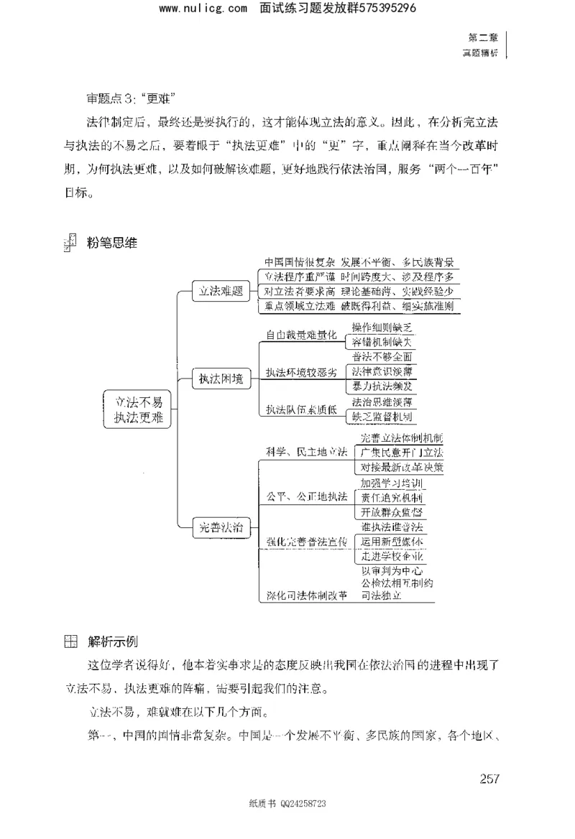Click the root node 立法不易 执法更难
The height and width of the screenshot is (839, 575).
pos(138,410)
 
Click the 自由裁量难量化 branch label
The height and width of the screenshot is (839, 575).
pos(300,335)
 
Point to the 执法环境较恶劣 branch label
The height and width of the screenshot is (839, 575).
pos(300,372)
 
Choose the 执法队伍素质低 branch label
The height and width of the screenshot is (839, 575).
pos(300,410)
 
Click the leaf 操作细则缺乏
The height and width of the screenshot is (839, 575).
pos(382,327)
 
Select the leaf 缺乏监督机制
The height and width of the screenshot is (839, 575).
pos(382,417)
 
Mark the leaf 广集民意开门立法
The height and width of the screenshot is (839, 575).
pos(402,453)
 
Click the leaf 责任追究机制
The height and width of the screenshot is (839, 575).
pos(392,497)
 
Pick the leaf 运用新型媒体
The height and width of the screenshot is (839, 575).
pos(392,542)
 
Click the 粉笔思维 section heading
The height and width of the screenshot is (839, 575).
pos(111,243)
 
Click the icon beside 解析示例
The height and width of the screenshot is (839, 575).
pos(70,641)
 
